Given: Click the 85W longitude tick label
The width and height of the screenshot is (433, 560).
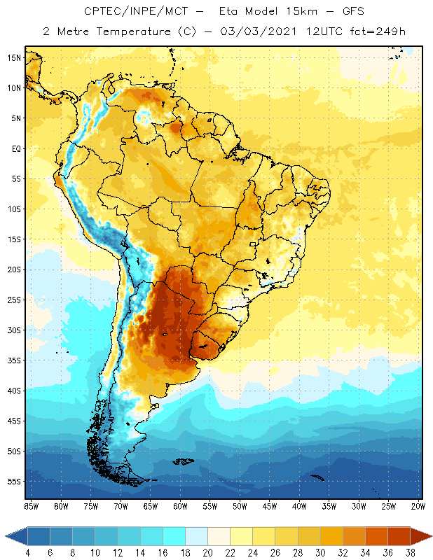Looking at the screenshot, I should click(x=32, y=505).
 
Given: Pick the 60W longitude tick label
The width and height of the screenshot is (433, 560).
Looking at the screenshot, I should click(x=181, y=505).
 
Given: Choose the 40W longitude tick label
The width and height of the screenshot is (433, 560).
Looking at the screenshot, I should click(x=300, y=505).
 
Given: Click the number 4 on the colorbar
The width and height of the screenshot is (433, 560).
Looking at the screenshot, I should click(x=27, y=553).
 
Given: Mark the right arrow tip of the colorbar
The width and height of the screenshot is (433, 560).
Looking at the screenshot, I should click(x=430, y=535).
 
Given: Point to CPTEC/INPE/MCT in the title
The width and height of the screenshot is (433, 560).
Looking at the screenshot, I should click(x=127, y=12).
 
